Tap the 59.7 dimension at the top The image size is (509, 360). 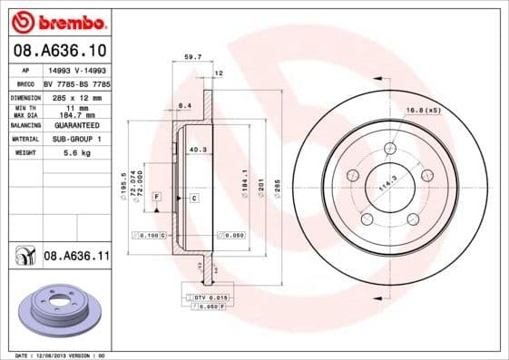(192, 57)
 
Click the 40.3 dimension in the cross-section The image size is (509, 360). (197, 150)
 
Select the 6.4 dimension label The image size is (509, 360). (184, 106)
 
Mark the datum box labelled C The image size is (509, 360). (193, 197)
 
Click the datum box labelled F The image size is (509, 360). (156, 197)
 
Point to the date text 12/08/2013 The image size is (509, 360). (55, 355)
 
